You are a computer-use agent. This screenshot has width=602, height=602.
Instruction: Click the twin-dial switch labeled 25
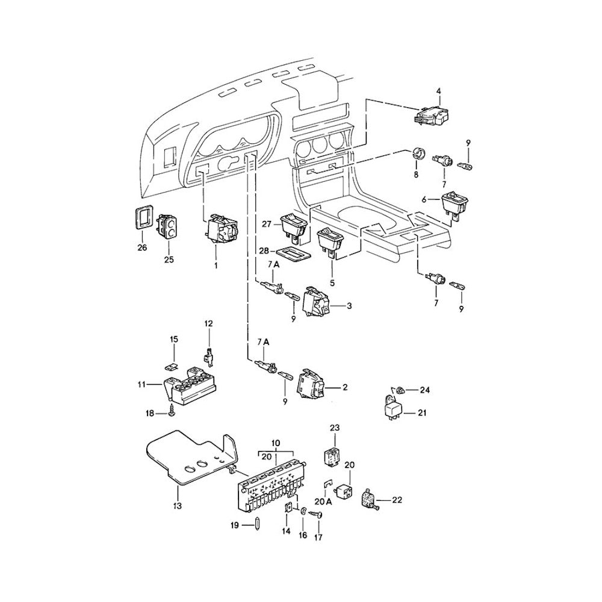coord(168,227)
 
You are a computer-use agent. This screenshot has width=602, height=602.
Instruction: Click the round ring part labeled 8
coord(417,152)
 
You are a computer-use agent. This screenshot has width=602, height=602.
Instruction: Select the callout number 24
coord(426,389)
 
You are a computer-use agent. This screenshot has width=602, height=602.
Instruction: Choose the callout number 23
coord(335,428)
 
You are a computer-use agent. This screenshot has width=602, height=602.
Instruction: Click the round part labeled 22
coord(368,499)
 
